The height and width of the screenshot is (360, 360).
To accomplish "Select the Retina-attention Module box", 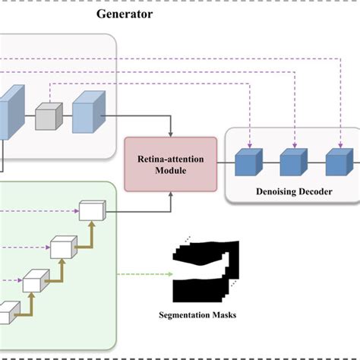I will point(170,164).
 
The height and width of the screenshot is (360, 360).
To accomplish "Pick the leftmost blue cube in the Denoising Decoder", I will point(248,164).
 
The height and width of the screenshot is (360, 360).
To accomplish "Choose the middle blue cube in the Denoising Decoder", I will point(292,164).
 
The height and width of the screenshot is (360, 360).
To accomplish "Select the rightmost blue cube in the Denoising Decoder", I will point(337,164).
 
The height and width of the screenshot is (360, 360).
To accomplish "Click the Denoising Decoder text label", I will point(292,192).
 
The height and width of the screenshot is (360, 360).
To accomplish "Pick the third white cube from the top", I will point(35,282).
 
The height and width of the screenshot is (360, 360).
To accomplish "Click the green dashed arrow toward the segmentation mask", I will point(141,273).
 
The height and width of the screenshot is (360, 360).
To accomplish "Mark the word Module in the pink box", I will point(170,171).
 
